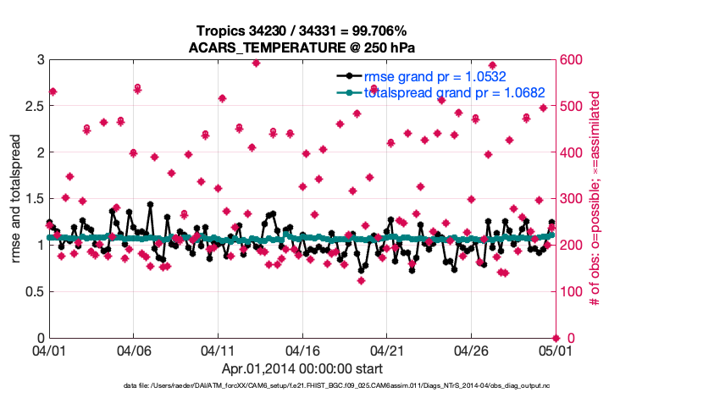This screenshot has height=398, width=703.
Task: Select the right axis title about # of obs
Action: pos(595,199)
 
